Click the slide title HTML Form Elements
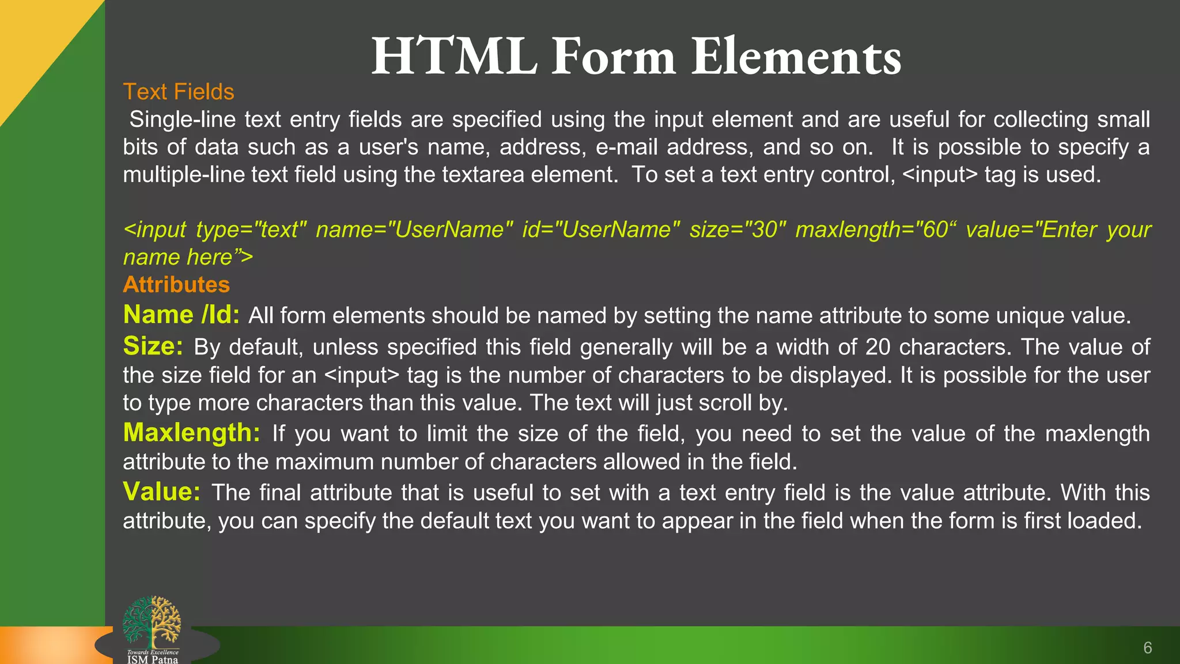pyautogui.click(x=636, y=56)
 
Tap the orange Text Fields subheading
pyautogui.click(x=179, y=92)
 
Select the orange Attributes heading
pyautogui.click(x=176, y=285)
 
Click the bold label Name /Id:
pyautogui.click(x=181, y=315)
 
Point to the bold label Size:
pyautogui.click(x=153, y=346)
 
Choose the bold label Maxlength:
pyautogui.click(x=192, y=433)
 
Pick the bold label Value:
pyautogui.click(x=162, y=492)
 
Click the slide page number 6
pyautogui.click(x=1147, y=648)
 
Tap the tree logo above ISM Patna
pyautogui.click(x=152, y=622)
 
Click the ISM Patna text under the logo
pyautogui.click(x=153, y=659)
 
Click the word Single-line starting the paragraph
pyautogui.click(x=182, y=119)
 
